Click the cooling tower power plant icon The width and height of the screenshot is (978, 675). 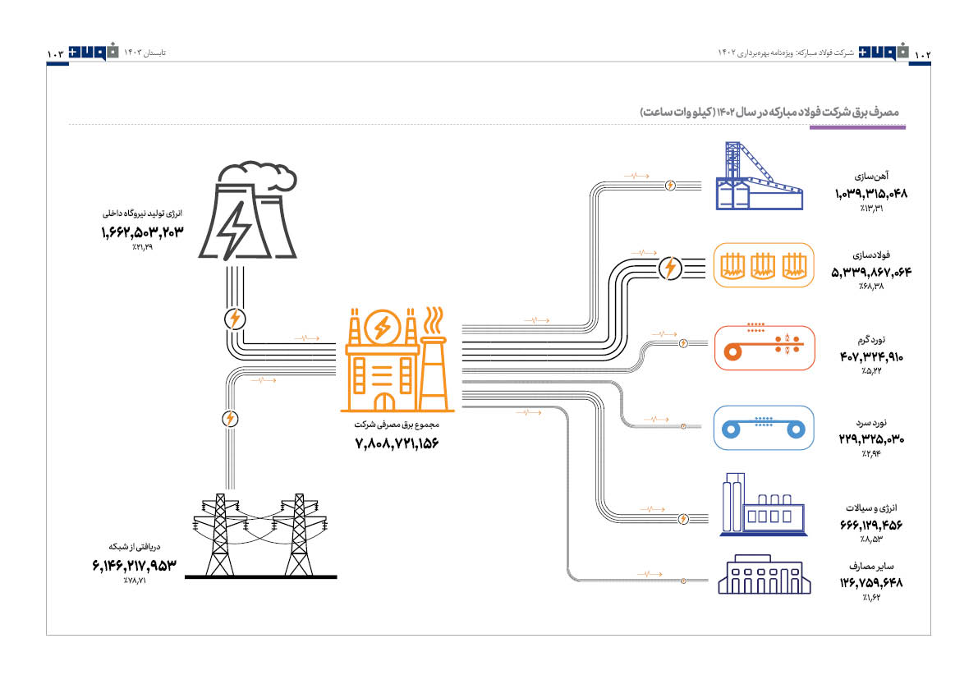(246, 211)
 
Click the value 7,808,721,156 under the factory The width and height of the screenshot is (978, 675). (397, 444)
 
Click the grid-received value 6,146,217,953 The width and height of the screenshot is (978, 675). (135, 565)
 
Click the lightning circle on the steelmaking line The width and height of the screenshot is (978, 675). (670, 267)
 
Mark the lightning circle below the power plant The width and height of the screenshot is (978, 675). (234, 319)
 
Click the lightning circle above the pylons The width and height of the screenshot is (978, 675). (230, 419)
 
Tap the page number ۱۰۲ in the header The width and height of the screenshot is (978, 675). (923, 53)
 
